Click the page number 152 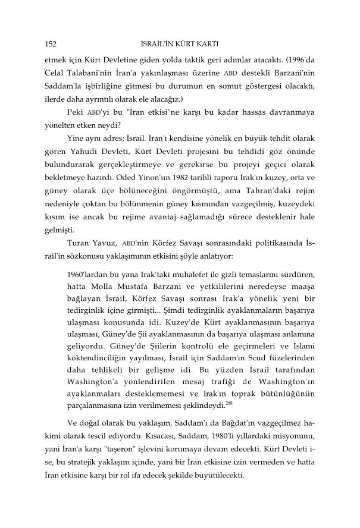pos(51,43)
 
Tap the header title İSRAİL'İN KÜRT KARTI pos(180,43)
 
